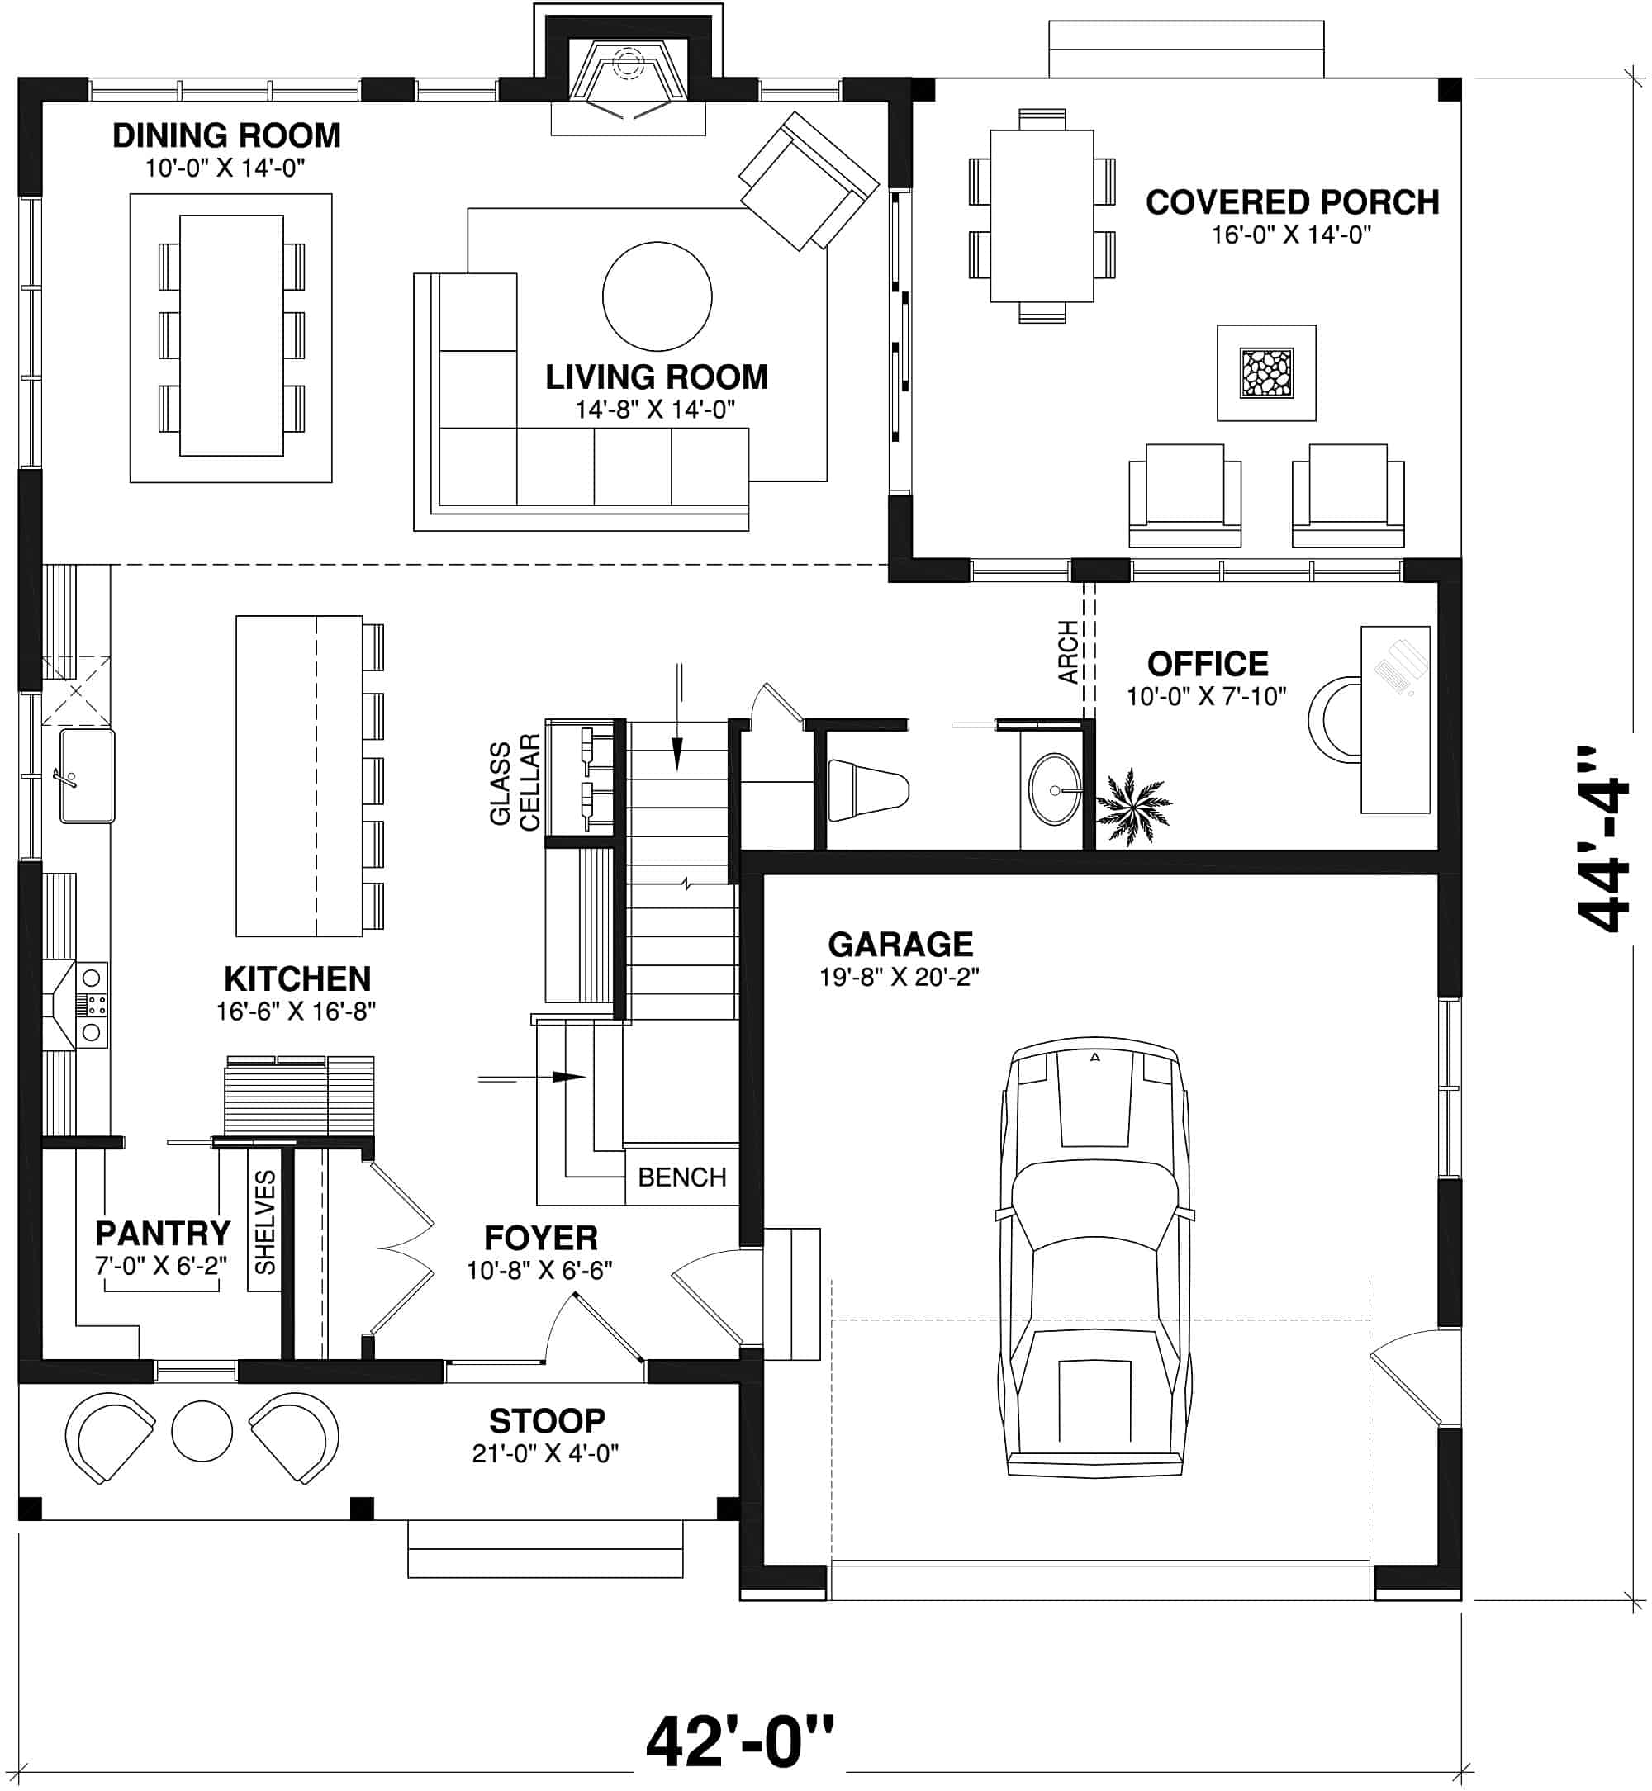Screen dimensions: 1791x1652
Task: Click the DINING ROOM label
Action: coord(226,136)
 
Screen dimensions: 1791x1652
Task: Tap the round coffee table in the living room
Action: coord(657,296)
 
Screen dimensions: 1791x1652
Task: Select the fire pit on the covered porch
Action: coord(1265,372)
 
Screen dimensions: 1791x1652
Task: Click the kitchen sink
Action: coord(87,775)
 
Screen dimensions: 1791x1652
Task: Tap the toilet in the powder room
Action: coord(866,790)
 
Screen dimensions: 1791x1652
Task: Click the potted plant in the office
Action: coord(1132,805)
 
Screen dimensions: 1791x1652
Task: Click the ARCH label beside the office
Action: coord(1068,652)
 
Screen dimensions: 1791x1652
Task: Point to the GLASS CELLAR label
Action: coord(515,782)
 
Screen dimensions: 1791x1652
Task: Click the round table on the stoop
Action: coord(202,1431)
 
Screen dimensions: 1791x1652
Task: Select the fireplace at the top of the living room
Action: coord(628,80)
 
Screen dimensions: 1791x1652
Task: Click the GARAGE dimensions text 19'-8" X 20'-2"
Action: coord(900,977)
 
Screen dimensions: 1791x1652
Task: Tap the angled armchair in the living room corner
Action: coord(807,182)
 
